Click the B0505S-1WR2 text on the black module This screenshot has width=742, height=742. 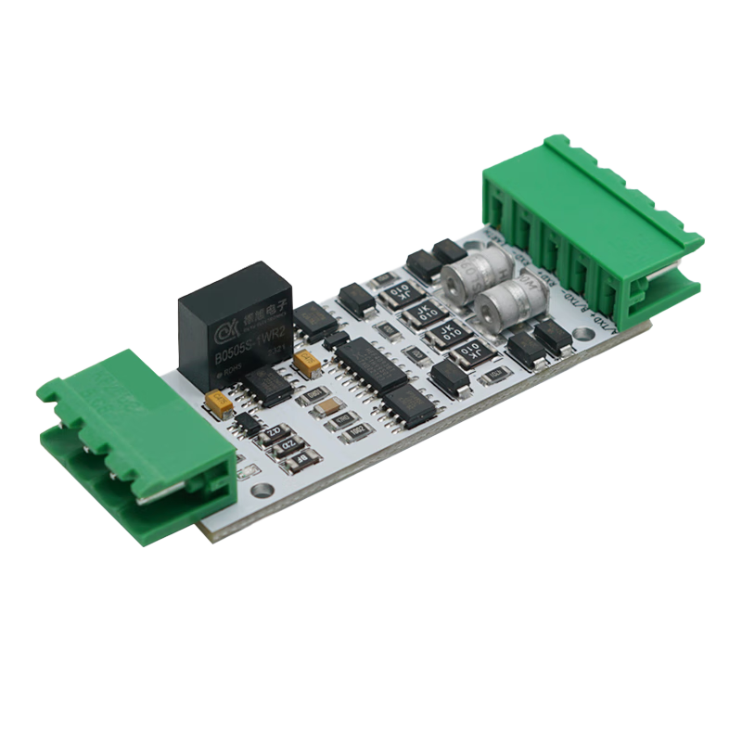237,341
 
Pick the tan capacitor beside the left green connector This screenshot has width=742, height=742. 221,402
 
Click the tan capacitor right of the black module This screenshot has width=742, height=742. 301,361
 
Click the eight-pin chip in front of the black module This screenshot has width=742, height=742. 268,385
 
